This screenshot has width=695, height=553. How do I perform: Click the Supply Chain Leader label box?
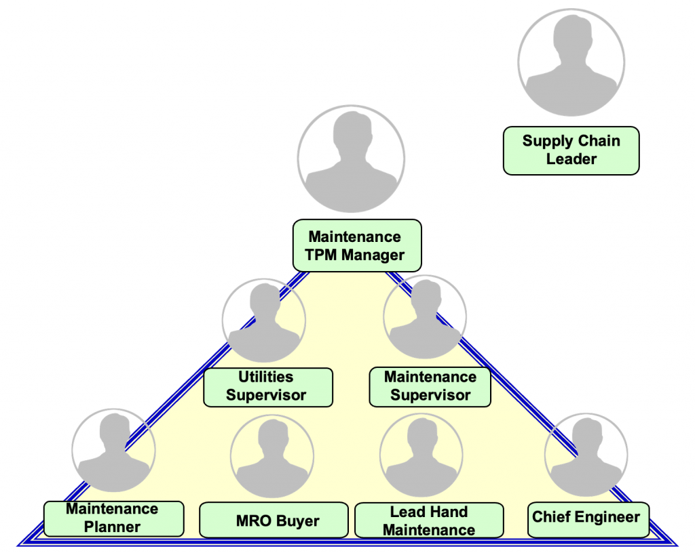(571, 150)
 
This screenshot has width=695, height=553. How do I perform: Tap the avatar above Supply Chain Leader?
(571, 62)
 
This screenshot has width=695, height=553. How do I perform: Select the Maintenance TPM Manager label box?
(356, 246)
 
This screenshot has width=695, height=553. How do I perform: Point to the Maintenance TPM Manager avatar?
(352, 159)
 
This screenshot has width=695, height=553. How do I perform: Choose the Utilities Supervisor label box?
(268, 386)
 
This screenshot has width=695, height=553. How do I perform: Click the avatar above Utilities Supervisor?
(264, 320)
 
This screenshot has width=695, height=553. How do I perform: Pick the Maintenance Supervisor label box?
(430, 386)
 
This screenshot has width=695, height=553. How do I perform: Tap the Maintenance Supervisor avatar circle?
(425, 316)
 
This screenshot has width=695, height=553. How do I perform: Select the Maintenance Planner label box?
(113, 518)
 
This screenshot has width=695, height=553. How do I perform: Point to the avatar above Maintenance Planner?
(113, 450)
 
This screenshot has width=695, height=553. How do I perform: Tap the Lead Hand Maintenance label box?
(429, 520)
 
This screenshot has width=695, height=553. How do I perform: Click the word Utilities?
(266, 377)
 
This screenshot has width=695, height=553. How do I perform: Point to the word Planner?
(113, 527)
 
